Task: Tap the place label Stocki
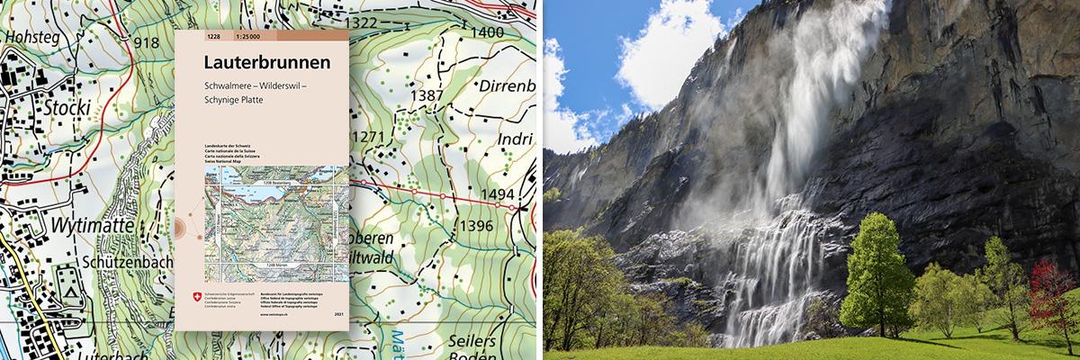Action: pyautogui.click(x=64, y=107)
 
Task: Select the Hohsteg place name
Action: pyautogui.click(x=32, y=38)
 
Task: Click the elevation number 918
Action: pyautogui.click(x=145, y=42)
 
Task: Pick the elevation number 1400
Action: pyautogui.click(x=487, y=33)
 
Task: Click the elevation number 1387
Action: pyautogui.click(x=426, y=95)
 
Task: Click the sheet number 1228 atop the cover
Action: pyautogui.click(x=212, y=37)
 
